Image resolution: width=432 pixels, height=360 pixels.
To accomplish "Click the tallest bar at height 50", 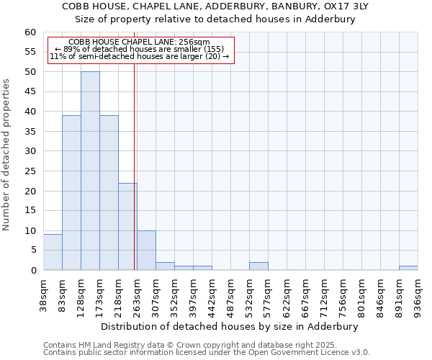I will point(90,171).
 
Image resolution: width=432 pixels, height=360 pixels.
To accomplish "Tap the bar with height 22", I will point(127,226).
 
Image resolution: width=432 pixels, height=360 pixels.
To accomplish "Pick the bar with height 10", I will point(146,250).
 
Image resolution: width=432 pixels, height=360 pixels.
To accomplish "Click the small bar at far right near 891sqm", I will point(408,268).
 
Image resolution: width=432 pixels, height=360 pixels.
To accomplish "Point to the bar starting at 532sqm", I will point(258,266).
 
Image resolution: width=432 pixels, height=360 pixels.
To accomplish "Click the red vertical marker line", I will point(135,166).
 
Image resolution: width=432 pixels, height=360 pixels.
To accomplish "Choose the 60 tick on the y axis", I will point(30,32).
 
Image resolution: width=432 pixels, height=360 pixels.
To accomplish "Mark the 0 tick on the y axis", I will point(33,271).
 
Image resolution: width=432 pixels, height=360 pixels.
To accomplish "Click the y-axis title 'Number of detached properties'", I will point(7,155).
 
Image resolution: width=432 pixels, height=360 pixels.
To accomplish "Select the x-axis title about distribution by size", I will point(230,326).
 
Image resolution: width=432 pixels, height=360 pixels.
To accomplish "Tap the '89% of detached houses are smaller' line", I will point(140,49).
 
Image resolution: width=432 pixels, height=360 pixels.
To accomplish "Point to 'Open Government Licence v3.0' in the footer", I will point(310,353).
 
